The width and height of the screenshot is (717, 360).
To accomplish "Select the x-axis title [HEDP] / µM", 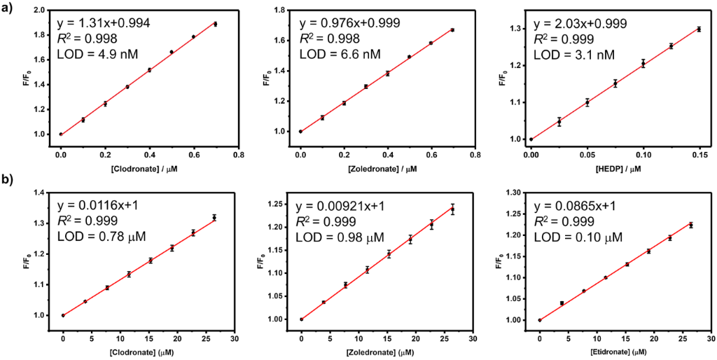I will point(599,169).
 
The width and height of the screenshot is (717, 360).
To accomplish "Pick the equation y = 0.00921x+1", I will point(349,206).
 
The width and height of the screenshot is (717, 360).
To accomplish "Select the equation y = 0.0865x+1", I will point(585,206).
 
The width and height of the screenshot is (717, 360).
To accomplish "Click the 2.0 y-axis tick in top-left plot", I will point(41,11).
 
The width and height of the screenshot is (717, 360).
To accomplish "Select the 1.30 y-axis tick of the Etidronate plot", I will point(515,192).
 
